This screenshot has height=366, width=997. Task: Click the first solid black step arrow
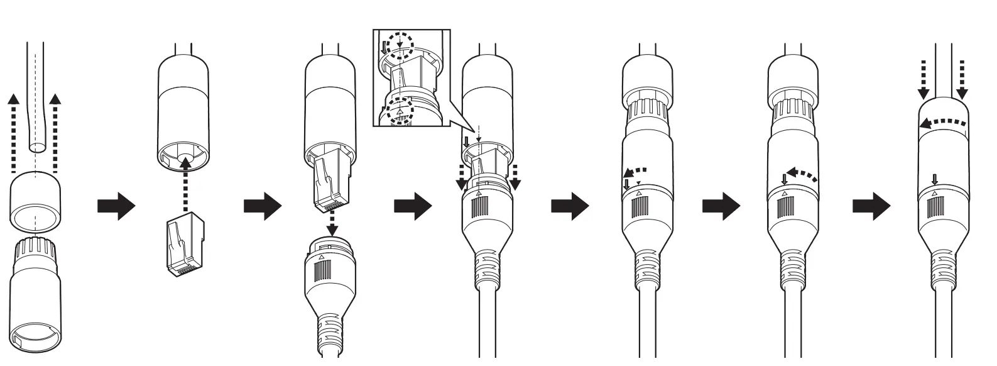pos(116,206)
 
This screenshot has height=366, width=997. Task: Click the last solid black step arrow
pos(871,206)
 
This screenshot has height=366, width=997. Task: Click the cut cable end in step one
pos(37,147)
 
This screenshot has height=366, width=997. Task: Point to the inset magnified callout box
pos(411,79)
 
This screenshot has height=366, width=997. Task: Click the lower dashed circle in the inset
pos(400,111)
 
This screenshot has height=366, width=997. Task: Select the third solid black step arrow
pos(412,206)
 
